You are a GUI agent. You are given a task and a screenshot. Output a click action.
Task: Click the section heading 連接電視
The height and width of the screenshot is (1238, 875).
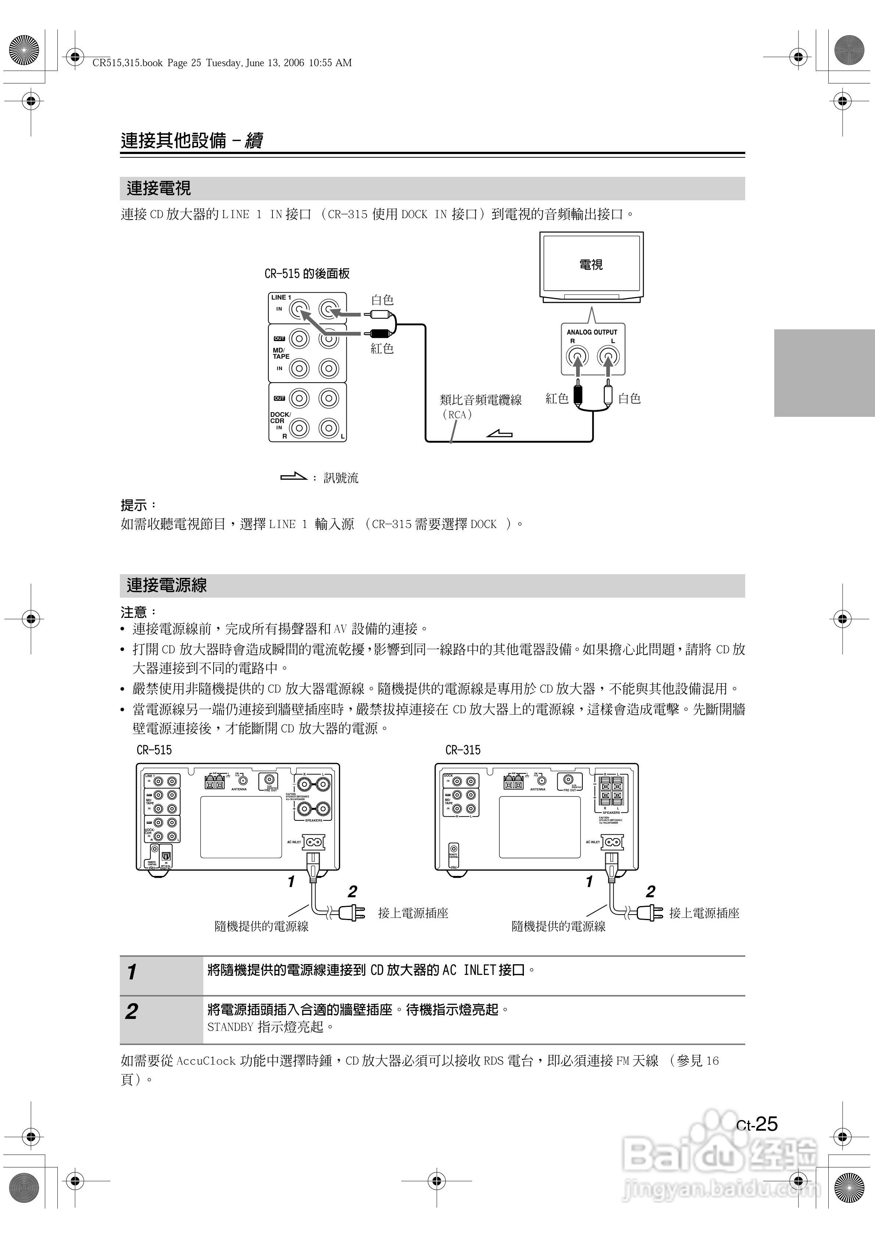tap(158, 188)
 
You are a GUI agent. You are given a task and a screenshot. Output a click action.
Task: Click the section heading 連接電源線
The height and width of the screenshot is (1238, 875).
tap(166, 585)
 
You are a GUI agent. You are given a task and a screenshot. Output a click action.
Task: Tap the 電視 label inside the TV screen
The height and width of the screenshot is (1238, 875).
tap(591, 264)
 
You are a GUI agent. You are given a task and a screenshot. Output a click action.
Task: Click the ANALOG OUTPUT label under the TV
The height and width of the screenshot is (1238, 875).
tap(592, 332)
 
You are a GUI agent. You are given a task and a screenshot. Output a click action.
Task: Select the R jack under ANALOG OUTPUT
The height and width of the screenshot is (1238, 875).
tap(577, 356)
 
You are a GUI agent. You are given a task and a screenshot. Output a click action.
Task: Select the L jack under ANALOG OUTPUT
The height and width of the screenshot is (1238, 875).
tap(608, 356)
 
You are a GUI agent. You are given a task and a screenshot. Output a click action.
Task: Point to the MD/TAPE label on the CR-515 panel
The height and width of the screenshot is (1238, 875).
tap(281, 353)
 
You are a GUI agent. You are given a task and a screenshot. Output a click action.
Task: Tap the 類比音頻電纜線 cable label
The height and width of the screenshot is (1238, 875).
tap(481, 400)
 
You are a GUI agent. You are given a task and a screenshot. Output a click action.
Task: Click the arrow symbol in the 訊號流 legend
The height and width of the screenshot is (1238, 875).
tap(294, 477)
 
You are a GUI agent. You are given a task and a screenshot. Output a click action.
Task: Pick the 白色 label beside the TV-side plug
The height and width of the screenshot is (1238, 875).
tap(629, 398)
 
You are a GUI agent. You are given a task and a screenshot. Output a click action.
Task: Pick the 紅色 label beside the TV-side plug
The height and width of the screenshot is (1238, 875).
tap(557, 398)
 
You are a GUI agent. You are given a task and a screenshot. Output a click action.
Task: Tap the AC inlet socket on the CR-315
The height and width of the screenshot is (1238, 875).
tap(612, 842)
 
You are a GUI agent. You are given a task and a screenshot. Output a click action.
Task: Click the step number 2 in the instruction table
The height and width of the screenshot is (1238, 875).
tap(132, 1012)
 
